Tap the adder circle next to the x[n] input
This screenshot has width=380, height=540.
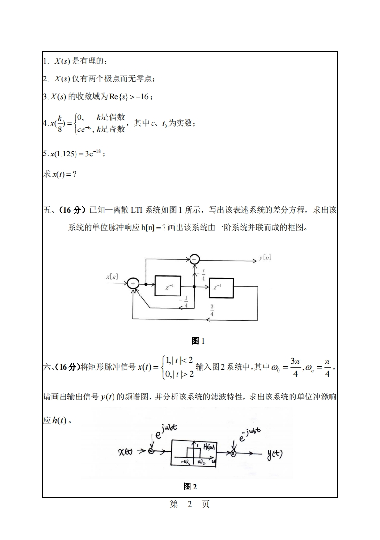(x=133, y=284)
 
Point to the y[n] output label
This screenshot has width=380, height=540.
(x=265, y=258)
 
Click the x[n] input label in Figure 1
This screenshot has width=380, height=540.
(x=112, y=277)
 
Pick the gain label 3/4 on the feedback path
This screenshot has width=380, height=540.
(x=212, y=311)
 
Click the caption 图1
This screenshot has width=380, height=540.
(x=198, y=341)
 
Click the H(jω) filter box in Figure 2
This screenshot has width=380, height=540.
(x=197, y=452)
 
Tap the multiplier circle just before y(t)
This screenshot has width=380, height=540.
(x=233, y=453)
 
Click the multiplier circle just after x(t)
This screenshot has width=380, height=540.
(x=151, y=451)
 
